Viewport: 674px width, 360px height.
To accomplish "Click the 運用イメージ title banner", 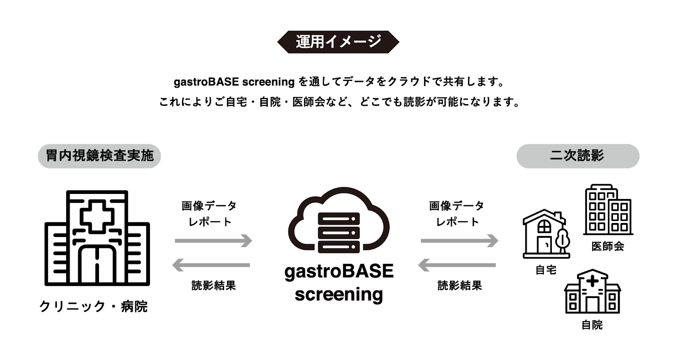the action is click(338, 42).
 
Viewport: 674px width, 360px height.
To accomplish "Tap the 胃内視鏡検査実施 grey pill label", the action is click(99, 156).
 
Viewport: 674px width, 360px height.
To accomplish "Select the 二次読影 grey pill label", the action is click(578, 156).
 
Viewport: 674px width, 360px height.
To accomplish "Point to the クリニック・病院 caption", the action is click(94, 307).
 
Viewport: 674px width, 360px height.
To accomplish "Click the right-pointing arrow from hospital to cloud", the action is click(213, 241).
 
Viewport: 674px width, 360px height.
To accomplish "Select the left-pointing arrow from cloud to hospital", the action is click(211, 265).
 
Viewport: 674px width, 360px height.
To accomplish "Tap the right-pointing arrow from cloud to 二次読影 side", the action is click(460, 241).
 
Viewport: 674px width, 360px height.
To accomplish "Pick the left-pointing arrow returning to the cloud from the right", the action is click(457, 265).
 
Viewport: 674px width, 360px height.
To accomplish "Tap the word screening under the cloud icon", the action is click(339, 295).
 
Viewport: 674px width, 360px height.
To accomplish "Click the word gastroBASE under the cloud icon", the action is click(339, 271).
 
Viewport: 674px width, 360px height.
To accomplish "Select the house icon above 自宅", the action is click(543, 234).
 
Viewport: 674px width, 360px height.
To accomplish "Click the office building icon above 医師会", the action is click(608, 210).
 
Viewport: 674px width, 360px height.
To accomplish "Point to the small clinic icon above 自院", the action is click(592, 291).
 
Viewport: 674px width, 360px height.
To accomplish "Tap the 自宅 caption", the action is click(546, 270).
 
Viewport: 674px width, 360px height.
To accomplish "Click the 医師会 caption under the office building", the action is click(608, 247).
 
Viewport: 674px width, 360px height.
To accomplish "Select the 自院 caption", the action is click(592, 325).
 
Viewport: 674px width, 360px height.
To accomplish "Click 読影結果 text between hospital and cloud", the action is click(214, 285).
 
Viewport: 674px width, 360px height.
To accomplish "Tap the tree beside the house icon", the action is click(562, 241).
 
